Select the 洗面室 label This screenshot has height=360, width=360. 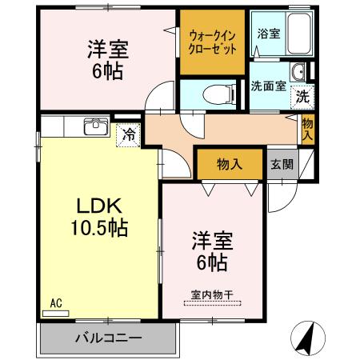point(268,86)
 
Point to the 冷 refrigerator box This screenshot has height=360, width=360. point(128,134)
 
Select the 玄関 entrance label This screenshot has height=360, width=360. point(281,164)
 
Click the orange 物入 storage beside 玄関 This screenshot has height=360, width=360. point(230,164)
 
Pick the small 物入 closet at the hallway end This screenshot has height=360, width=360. point(308,128)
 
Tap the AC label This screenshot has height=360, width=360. point(55,302)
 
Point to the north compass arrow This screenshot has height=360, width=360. point(306,338)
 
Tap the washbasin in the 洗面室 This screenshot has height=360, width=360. point(298,73)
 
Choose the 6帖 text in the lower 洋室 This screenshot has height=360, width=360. point(211,262)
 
